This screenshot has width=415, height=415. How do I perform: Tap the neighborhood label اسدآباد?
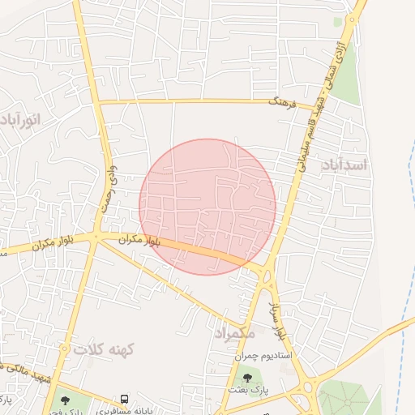coord(344,165)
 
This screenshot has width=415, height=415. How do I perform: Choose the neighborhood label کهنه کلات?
coord(103,350)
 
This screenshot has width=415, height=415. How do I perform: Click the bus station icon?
coord(124,399)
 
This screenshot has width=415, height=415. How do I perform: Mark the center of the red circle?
coord(207,207)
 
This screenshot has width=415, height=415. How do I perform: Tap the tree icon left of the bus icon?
coord(65,400)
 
